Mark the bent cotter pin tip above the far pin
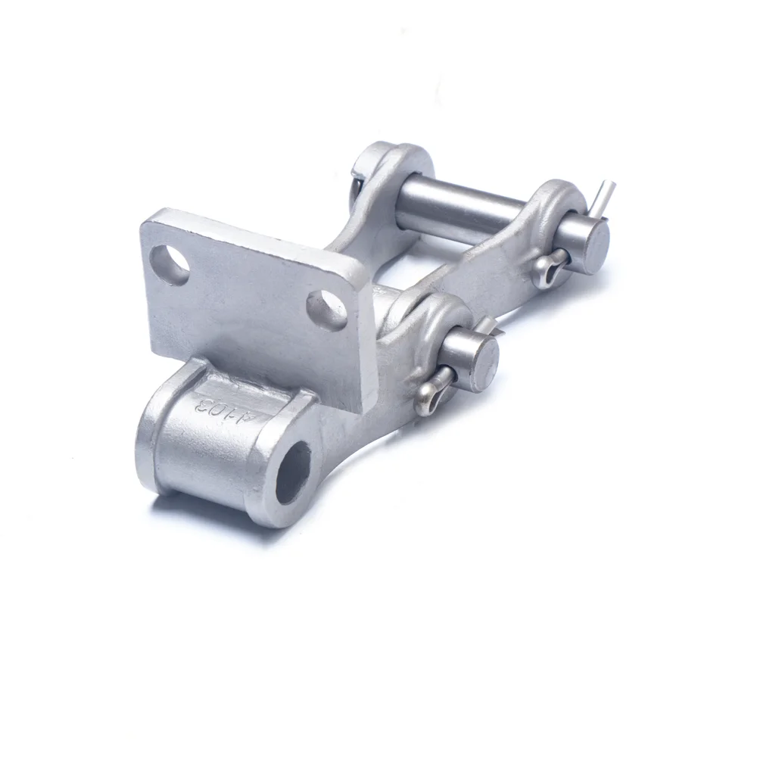(604, 194)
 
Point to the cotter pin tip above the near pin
(488, 324)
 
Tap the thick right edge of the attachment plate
(366, 341)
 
